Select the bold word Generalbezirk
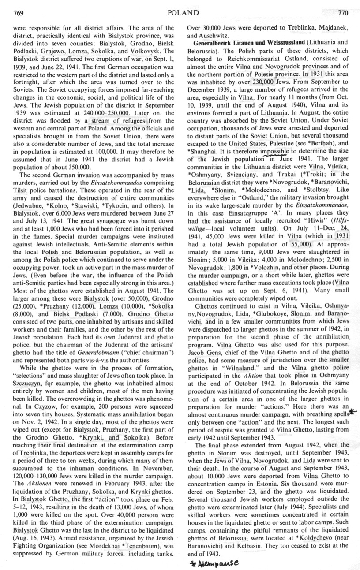coord(211,42)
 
